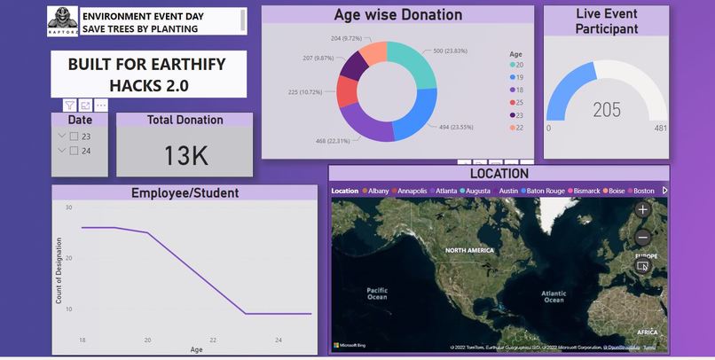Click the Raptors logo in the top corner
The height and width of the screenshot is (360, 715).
pos(62,22)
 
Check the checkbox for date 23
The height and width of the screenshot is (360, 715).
pos(75,137)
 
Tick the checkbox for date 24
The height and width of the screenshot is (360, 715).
pos(75,151)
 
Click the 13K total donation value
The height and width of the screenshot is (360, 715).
pos(185,155)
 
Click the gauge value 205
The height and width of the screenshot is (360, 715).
pos(607,110)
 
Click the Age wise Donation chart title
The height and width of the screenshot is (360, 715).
pos(397,15)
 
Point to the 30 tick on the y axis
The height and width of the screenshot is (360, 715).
pos(67,207)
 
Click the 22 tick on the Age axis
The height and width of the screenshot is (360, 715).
pos(213,340)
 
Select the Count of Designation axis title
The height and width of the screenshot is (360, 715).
pos(59,270)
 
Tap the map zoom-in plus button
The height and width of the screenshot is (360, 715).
pos(643,210)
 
